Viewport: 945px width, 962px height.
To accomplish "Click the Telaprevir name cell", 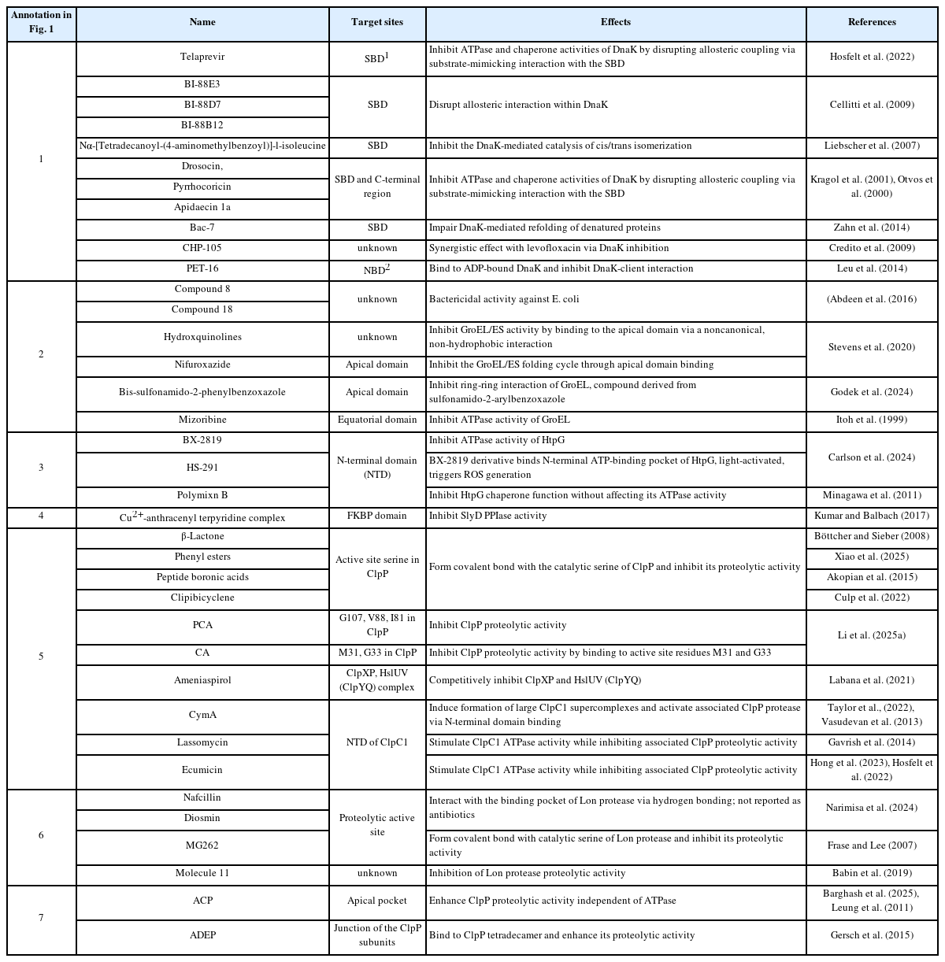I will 202,57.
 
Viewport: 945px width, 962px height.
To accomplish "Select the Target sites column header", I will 376,23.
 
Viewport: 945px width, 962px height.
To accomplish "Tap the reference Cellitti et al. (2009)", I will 872,105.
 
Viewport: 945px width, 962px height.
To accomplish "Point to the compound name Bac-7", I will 202,228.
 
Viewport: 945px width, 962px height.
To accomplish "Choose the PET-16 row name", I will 202,268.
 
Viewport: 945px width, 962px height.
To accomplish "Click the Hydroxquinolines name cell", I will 202,337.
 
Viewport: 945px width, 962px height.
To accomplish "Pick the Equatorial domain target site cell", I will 377,420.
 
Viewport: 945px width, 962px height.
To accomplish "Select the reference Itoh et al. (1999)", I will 872,420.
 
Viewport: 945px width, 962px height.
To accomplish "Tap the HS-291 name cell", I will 202,468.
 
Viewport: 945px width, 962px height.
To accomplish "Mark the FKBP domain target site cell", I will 377,516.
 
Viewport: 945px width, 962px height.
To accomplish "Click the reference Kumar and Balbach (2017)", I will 872,516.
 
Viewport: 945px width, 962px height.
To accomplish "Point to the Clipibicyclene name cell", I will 202,598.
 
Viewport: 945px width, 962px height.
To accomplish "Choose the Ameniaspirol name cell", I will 202,680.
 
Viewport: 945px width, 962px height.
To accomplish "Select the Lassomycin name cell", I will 202,742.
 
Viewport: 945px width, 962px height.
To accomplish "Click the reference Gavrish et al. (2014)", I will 872,742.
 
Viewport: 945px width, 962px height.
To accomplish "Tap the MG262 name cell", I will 202,845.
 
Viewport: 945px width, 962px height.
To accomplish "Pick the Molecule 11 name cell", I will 202,873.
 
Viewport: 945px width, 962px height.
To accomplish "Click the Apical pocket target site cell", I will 377,901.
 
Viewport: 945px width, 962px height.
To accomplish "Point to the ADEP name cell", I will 202,935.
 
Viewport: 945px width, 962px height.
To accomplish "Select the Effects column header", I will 615,23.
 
